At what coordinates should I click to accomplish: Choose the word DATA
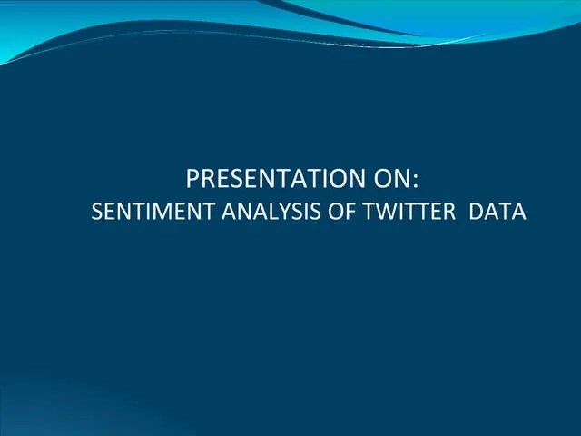click(498, 213)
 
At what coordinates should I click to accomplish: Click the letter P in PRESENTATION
click(192, 177)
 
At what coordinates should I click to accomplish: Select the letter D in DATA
click(478, 213)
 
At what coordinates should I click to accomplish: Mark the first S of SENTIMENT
click(97, 213)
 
